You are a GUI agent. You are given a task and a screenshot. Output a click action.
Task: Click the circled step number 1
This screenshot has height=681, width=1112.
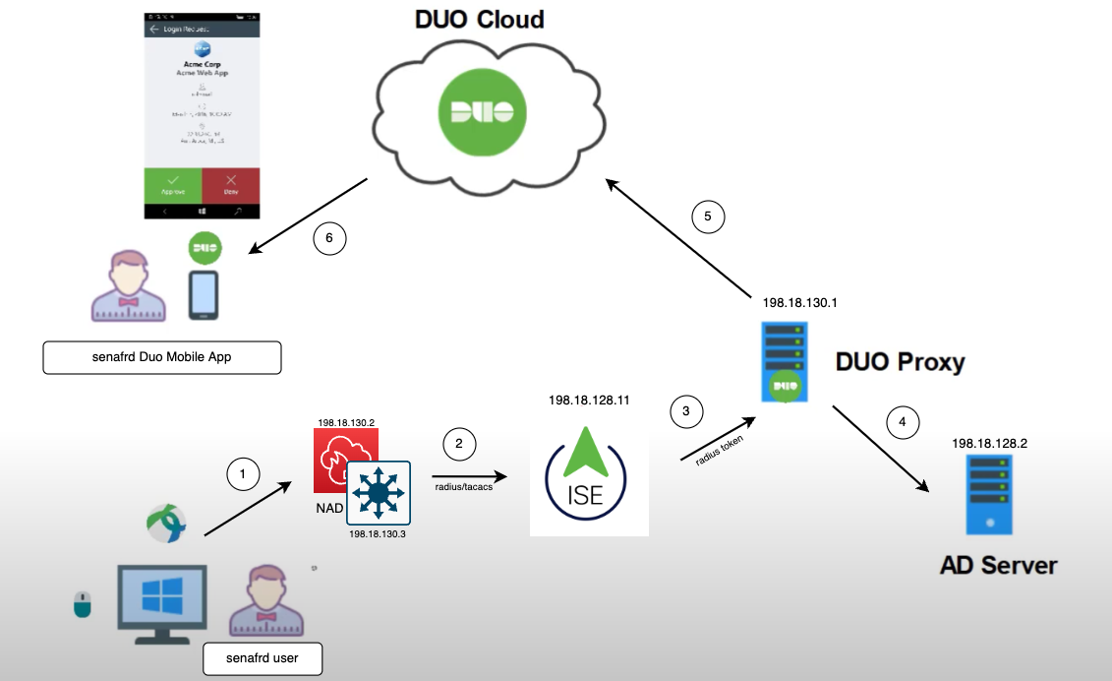(x=242, y=474)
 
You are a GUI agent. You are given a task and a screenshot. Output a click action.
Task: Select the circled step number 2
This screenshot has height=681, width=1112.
(x=458, y=444)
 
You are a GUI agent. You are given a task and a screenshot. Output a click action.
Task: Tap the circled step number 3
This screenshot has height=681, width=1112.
(x=687, y=410)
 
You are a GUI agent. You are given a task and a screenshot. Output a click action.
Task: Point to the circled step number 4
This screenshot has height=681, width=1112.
(x=903, y=422)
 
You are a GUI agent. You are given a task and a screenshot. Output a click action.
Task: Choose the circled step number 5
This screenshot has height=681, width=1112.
(x=708, y=216)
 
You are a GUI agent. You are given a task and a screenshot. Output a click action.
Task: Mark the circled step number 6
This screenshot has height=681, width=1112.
(x=329, y=237)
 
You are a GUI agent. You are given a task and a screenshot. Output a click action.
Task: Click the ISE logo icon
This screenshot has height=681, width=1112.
(x=588, y=481)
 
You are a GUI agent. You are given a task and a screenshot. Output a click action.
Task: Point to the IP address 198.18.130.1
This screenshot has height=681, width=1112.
(x=799, y=303)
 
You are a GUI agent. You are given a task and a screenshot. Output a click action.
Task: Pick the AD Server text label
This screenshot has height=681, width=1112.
(x=998, y=565)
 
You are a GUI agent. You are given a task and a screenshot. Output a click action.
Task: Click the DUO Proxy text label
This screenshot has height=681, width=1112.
(x=900, y=361)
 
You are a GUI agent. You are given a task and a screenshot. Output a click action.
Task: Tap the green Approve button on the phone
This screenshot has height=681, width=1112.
(x=173, y=185)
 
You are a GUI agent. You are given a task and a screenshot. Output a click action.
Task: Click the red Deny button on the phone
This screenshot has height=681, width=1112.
(x=231, y=185)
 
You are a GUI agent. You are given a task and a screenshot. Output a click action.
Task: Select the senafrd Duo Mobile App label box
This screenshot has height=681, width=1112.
(x=162, y=357)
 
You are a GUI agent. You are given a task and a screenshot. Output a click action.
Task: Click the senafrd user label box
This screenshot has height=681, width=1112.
(x=263, y=657)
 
